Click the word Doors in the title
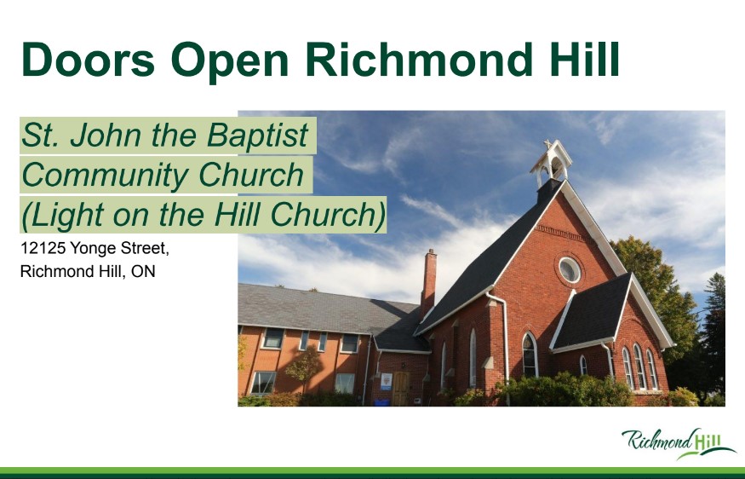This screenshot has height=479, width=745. point(89,59)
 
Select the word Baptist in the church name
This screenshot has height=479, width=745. point(258,135)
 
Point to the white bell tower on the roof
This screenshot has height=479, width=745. point(551,164)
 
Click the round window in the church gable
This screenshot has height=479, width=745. point(570,269)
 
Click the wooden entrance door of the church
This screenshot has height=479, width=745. point(400,388)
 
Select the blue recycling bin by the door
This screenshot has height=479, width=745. point(382,402)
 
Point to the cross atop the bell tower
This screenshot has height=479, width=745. point(547,144)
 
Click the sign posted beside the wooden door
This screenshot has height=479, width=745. point(386,382)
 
